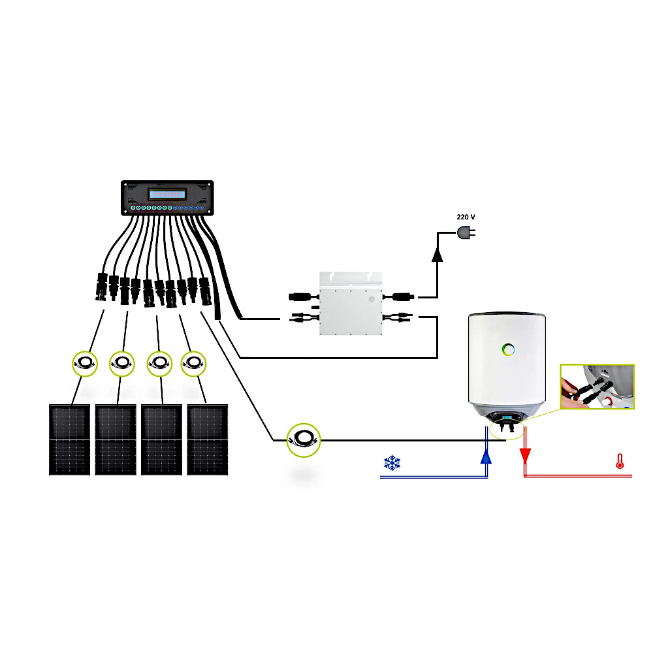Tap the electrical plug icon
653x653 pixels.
click(464, 232)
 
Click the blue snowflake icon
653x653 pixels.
click(391, 464)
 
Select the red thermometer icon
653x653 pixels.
click(618, 462)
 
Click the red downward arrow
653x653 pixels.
click(524, 455)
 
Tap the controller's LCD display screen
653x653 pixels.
click(167, 194)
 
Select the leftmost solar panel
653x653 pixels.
click(69, 439)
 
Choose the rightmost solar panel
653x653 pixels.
click(207, 439)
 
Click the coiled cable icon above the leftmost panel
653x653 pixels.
click(84, 362)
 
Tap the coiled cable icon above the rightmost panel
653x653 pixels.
click(193, 362)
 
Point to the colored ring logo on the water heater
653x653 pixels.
click(506, 349)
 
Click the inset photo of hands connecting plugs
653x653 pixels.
click(596, 387)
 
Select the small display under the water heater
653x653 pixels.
click(506, 418)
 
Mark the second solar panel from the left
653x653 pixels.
click(115, 439)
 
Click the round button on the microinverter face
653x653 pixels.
click(372, 298)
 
